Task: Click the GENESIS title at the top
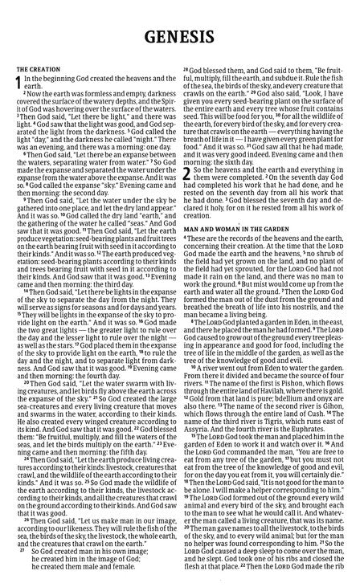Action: (180, 37)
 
